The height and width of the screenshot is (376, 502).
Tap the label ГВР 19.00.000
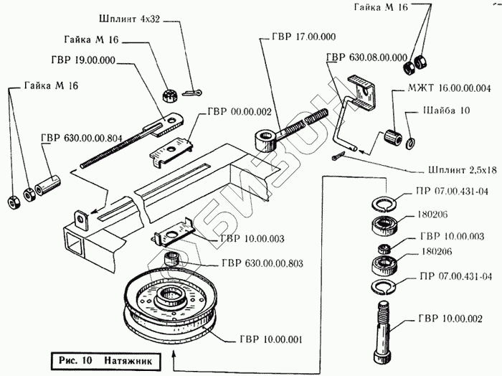coord(82,60)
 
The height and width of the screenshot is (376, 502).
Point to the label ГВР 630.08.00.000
coord(366,57)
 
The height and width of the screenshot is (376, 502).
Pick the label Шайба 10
coord(439,111)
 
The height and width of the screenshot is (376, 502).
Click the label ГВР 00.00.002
coord(239,111)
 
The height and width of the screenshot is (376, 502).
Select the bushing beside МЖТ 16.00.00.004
coord(392,135)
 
